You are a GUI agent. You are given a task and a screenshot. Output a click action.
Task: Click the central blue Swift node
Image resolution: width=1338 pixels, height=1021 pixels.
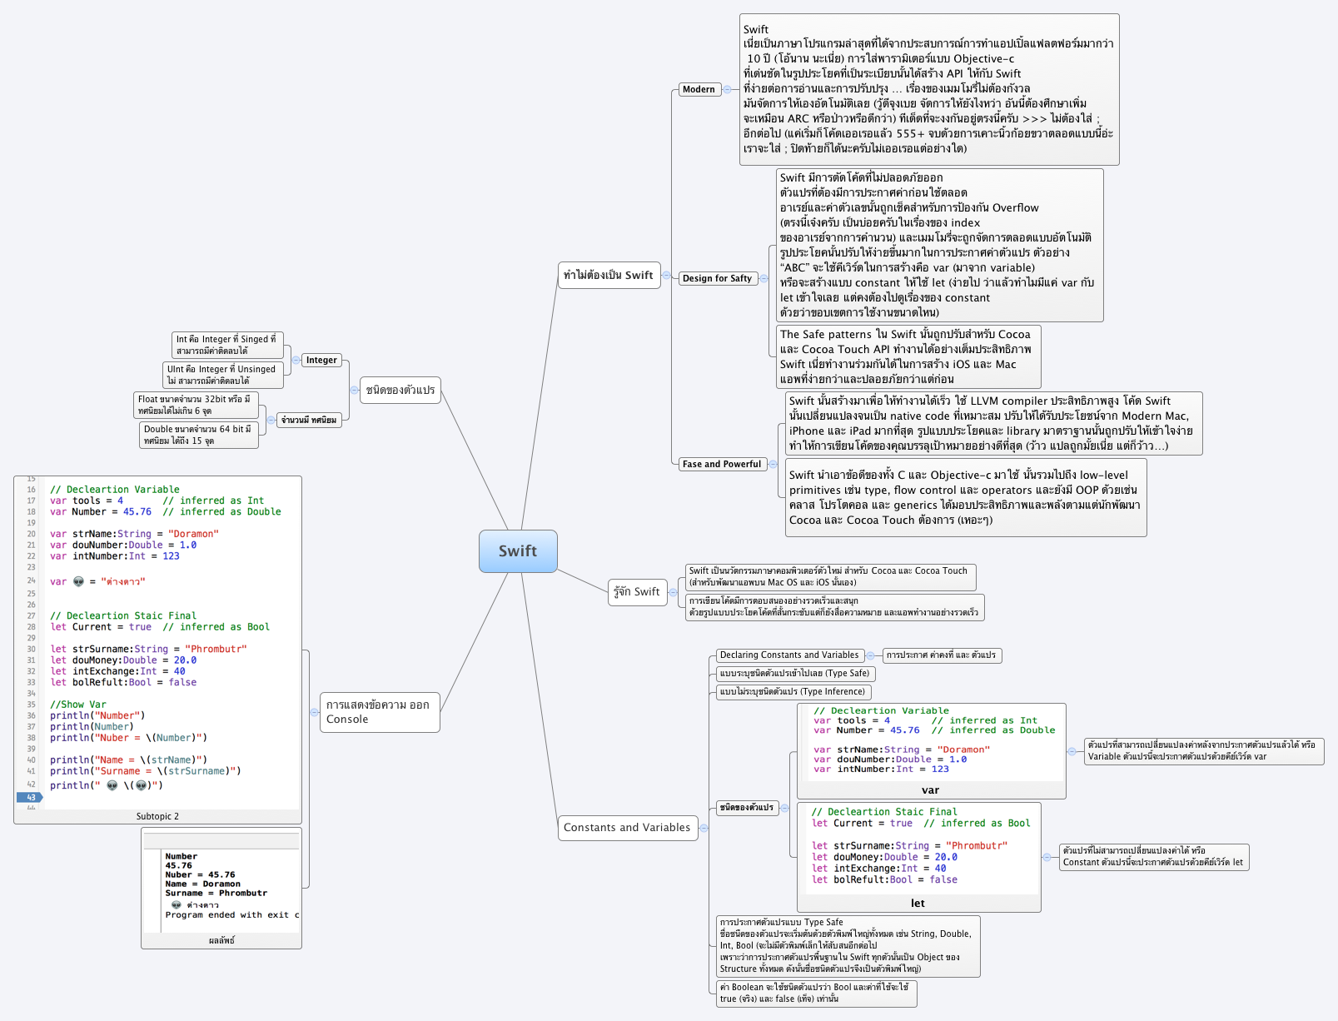point(518,551)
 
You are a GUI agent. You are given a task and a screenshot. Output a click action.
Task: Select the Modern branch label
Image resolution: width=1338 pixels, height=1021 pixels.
point(698,89)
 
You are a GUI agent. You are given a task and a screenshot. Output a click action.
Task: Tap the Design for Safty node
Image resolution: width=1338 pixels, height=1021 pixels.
point(717,278)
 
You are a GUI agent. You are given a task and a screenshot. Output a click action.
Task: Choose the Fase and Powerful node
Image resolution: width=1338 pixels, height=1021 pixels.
point(721,464)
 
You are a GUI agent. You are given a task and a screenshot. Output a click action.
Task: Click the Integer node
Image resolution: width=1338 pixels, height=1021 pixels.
point(321,360)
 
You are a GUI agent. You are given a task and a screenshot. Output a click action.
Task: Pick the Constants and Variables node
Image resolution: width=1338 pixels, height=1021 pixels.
point(627,827)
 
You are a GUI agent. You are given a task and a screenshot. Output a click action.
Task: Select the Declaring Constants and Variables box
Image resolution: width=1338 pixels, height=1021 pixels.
point(788,655)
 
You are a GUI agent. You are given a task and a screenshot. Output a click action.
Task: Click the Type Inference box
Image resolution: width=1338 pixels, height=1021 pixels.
point(793,691)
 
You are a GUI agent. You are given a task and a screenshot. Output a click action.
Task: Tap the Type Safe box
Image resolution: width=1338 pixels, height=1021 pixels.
point(794,673)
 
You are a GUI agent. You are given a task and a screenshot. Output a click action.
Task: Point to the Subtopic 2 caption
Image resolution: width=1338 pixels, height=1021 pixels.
point(157,816)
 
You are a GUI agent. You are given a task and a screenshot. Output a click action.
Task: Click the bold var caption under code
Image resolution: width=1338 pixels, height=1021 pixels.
point(930,790)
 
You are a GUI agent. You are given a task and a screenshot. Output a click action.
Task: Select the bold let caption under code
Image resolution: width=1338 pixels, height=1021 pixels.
point(918,904)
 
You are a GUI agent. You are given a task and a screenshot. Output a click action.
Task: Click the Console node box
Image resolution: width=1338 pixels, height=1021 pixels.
point(379,712)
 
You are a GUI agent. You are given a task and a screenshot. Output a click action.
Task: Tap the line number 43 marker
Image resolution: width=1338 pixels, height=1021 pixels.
point(30,797)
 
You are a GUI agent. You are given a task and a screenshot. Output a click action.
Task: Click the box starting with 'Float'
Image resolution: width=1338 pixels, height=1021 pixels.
point(196,405)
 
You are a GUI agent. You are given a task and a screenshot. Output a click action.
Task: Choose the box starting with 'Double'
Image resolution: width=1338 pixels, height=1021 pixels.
point(198,435)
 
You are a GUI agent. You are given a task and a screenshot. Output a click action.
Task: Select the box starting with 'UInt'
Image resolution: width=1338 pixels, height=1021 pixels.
point(222,375)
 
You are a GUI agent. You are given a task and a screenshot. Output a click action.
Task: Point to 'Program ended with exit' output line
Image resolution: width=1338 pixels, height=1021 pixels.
point(231,914)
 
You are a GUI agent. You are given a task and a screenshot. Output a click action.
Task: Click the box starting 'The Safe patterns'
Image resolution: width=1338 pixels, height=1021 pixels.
point(908,356)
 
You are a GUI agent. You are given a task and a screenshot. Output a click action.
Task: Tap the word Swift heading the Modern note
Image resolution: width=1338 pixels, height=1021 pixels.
point(756,29)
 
